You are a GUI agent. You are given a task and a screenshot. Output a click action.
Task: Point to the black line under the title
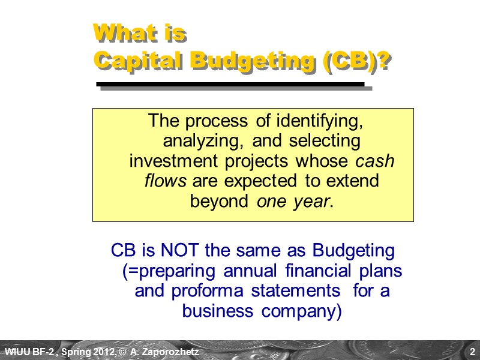coord(231,85)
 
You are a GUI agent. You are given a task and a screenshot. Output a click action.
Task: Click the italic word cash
coord(376,161)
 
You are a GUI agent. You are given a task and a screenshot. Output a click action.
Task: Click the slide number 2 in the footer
coord(472,350)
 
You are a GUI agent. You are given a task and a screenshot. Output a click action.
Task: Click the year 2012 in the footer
coord(100,350)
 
